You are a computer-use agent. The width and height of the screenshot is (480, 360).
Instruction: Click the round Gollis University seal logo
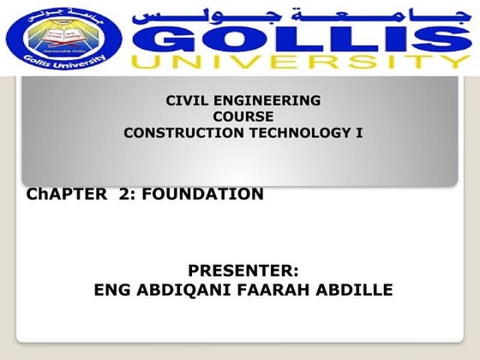[x=61, y=39]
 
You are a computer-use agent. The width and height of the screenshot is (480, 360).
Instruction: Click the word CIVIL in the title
[x=187, y=100]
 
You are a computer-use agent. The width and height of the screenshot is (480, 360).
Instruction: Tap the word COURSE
[x=243, y=117]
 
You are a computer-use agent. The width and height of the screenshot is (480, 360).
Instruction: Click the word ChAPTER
[x=62, y=195]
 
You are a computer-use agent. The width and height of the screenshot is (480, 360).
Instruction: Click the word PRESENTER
[x=243, y=273]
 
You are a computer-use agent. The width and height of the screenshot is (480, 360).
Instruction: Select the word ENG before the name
[x=111, y=291]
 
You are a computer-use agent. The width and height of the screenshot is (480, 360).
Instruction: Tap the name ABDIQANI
[x=177, y=291]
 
